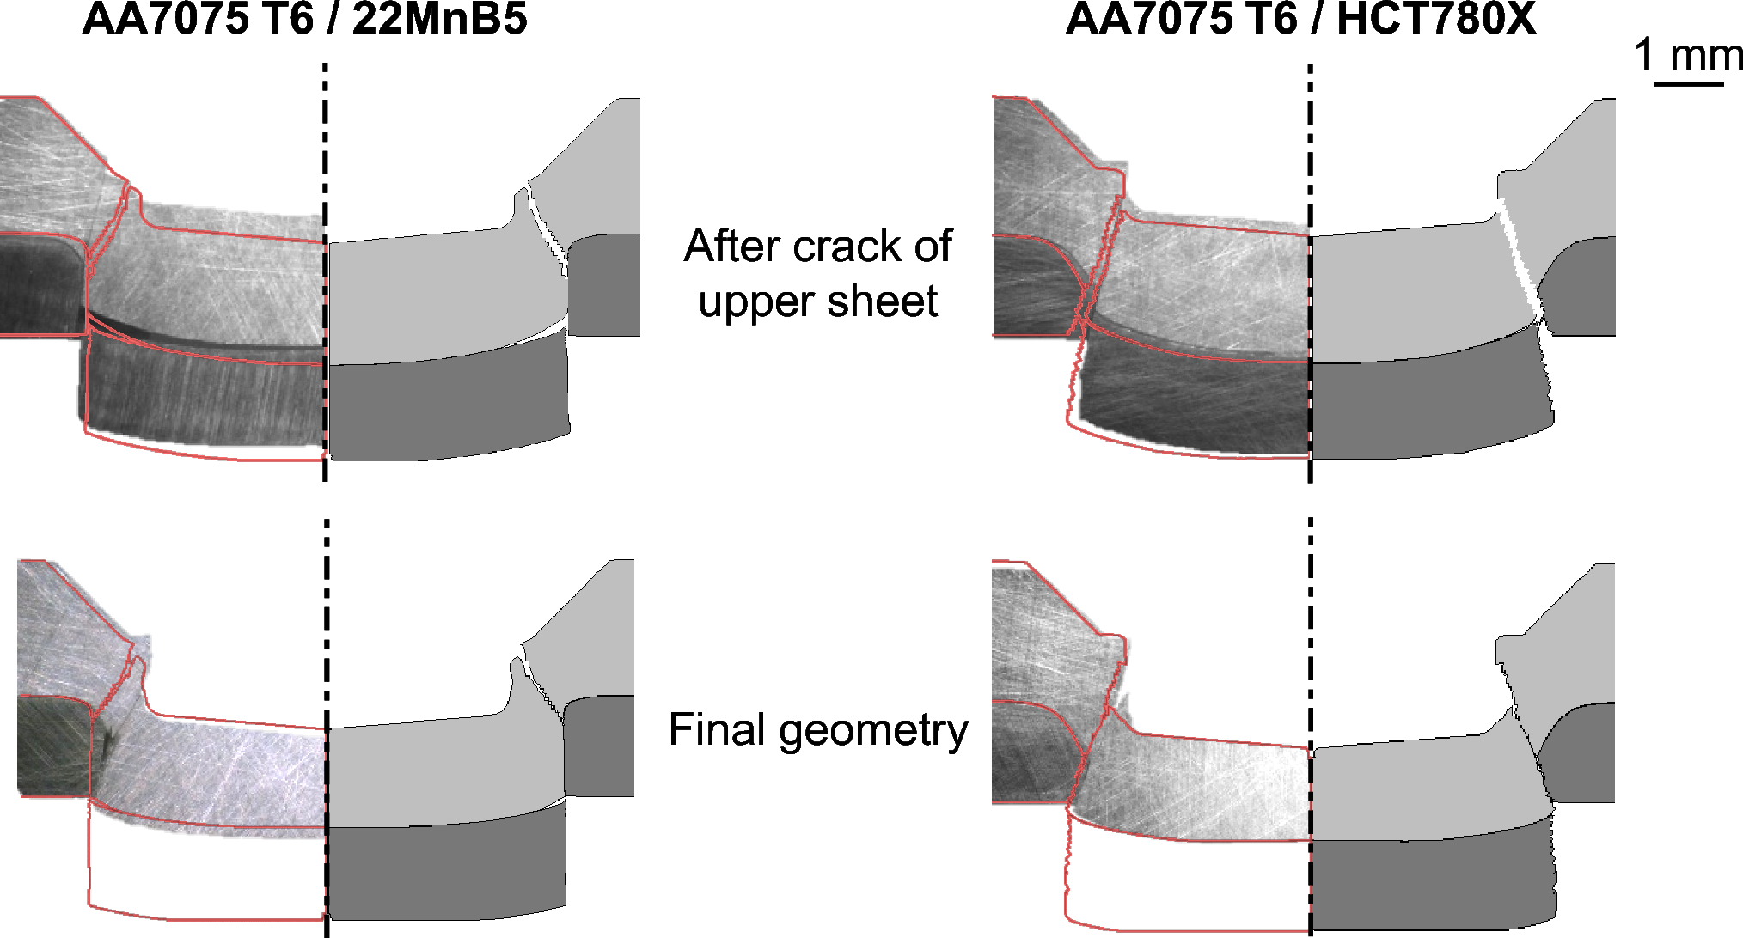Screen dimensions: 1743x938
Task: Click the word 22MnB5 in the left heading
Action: coord(439,19)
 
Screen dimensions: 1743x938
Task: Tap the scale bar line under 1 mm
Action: coord(1689,83)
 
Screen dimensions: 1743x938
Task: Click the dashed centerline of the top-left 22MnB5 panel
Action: coord(325,258)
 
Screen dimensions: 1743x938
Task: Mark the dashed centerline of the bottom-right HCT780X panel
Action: coord(1310,730)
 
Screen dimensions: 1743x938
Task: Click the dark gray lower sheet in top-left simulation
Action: coord(447,404)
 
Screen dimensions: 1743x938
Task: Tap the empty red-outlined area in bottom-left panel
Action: coord(206,868)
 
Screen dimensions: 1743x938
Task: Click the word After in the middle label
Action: coord(730,247)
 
